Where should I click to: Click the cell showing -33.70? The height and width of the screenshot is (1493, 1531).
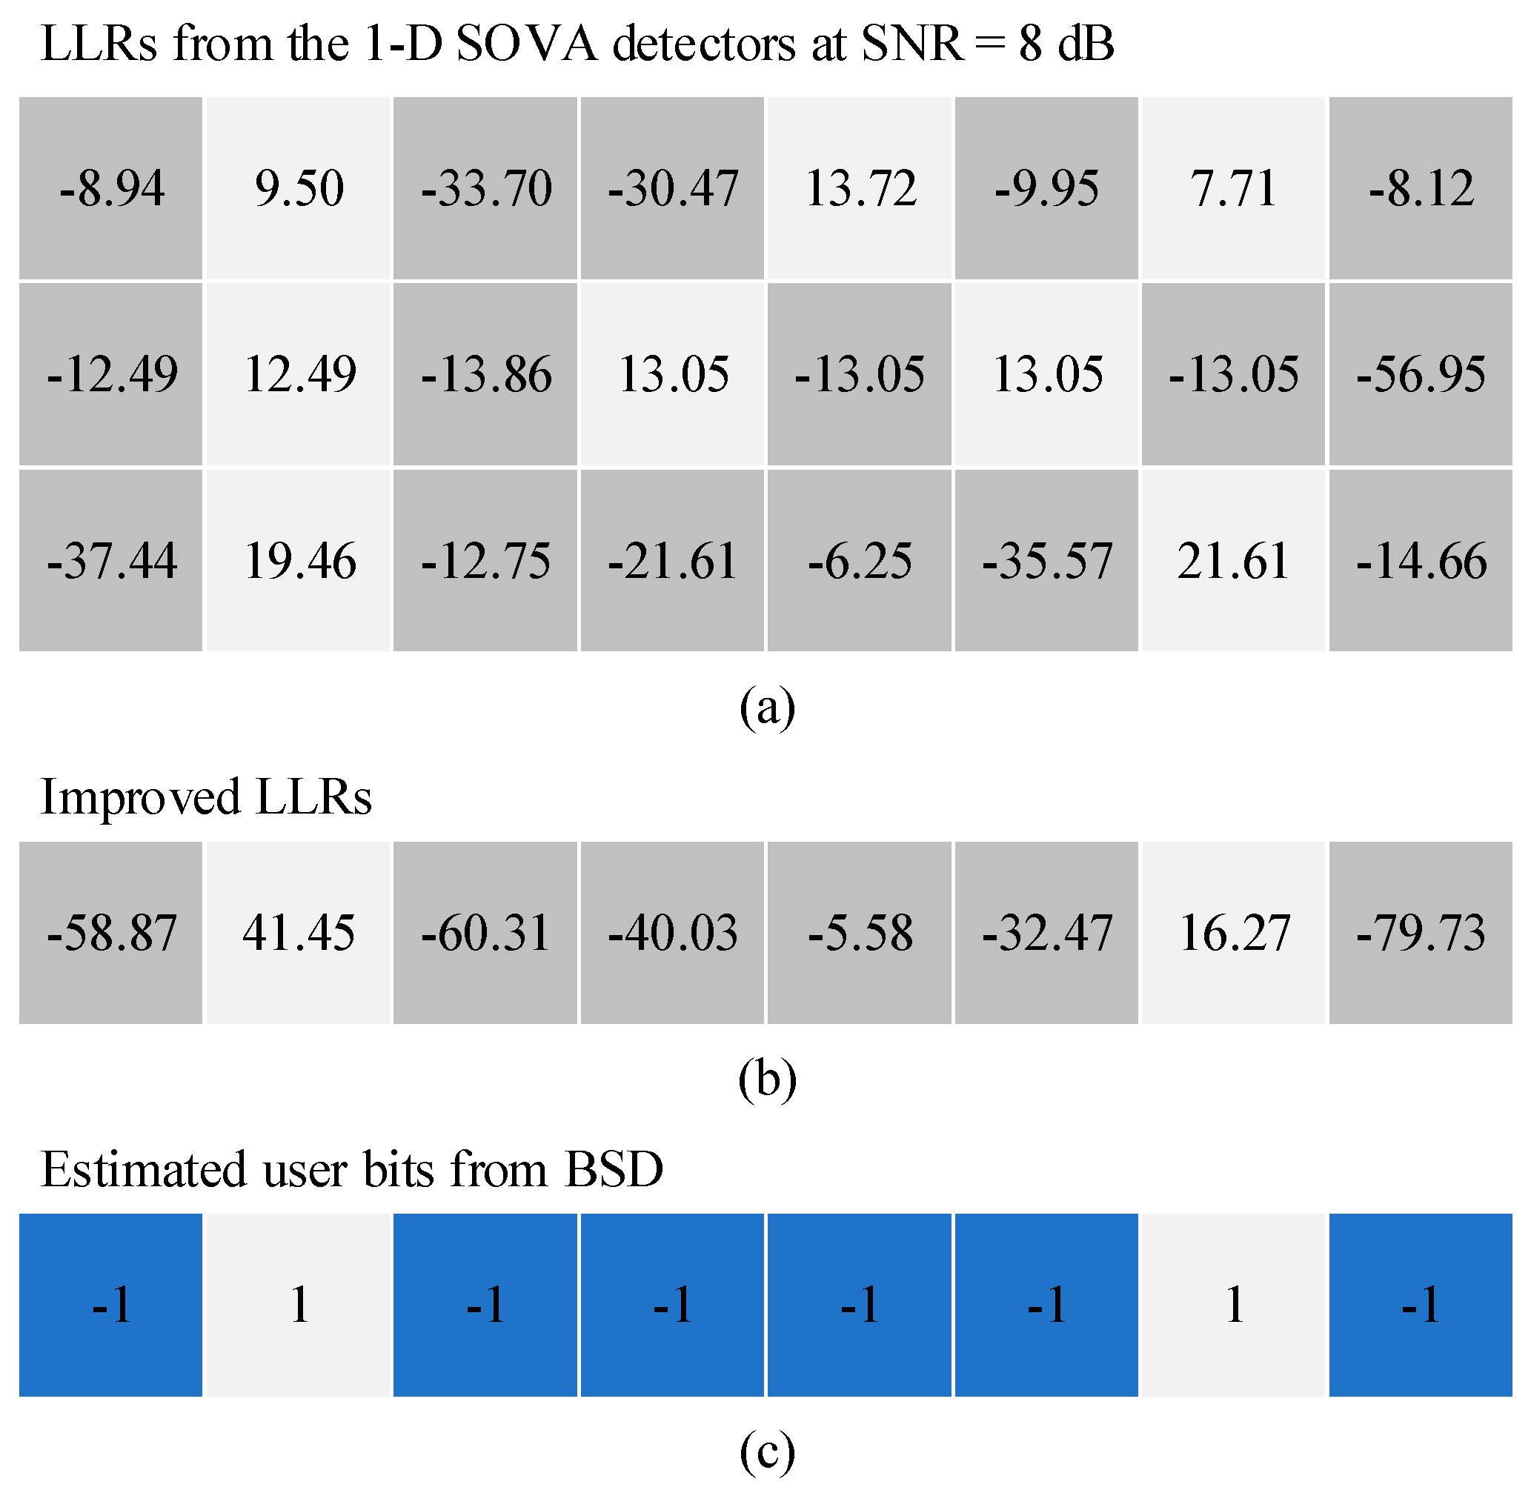(x=485, y=188)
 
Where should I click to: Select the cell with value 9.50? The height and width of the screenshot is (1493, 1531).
(x=298, y=188)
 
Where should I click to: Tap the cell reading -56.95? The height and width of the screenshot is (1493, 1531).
(x=1421, y=374)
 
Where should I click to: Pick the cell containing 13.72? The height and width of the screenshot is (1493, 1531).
(x=860, y=188)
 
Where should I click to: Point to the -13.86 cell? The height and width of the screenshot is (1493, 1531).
(x=485, y=374)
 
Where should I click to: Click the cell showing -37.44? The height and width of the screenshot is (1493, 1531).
(x=110, y=561)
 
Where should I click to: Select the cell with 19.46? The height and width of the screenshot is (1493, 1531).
(x=298, y=561)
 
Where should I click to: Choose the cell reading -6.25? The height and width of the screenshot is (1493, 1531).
(x=860, y=561)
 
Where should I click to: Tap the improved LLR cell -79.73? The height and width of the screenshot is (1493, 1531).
(x=1421, y=932)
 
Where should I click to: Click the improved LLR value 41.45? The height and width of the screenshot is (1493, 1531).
(x=298, y=932)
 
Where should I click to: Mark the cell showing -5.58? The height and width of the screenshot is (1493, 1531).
(x=860, y=932)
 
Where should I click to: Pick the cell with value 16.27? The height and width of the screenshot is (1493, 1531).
(x=1234, y=932)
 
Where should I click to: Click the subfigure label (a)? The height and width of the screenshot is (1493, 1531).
(x=766, y=708)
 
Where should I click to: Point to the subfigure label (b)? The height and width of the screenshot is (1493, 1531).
(x=766, y=1080)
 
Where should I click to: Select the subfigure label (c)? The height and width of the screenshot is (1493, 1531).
(x=766, y=1452)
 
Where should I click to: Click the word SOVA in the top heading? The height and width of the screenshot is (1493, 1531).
(x=525, y=43)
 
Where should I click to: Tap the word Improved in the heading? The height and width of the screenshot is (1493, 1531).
(x=139, y=797)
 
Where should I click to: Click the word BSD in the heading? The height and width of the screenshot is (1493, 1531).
(x=614, y=1170)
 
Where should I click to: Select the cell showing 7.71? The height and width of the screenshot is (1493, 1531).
(x=1234, y=188)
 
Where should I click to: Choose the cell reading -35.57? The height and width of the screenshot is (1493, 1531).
(x=1046, y=561)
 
